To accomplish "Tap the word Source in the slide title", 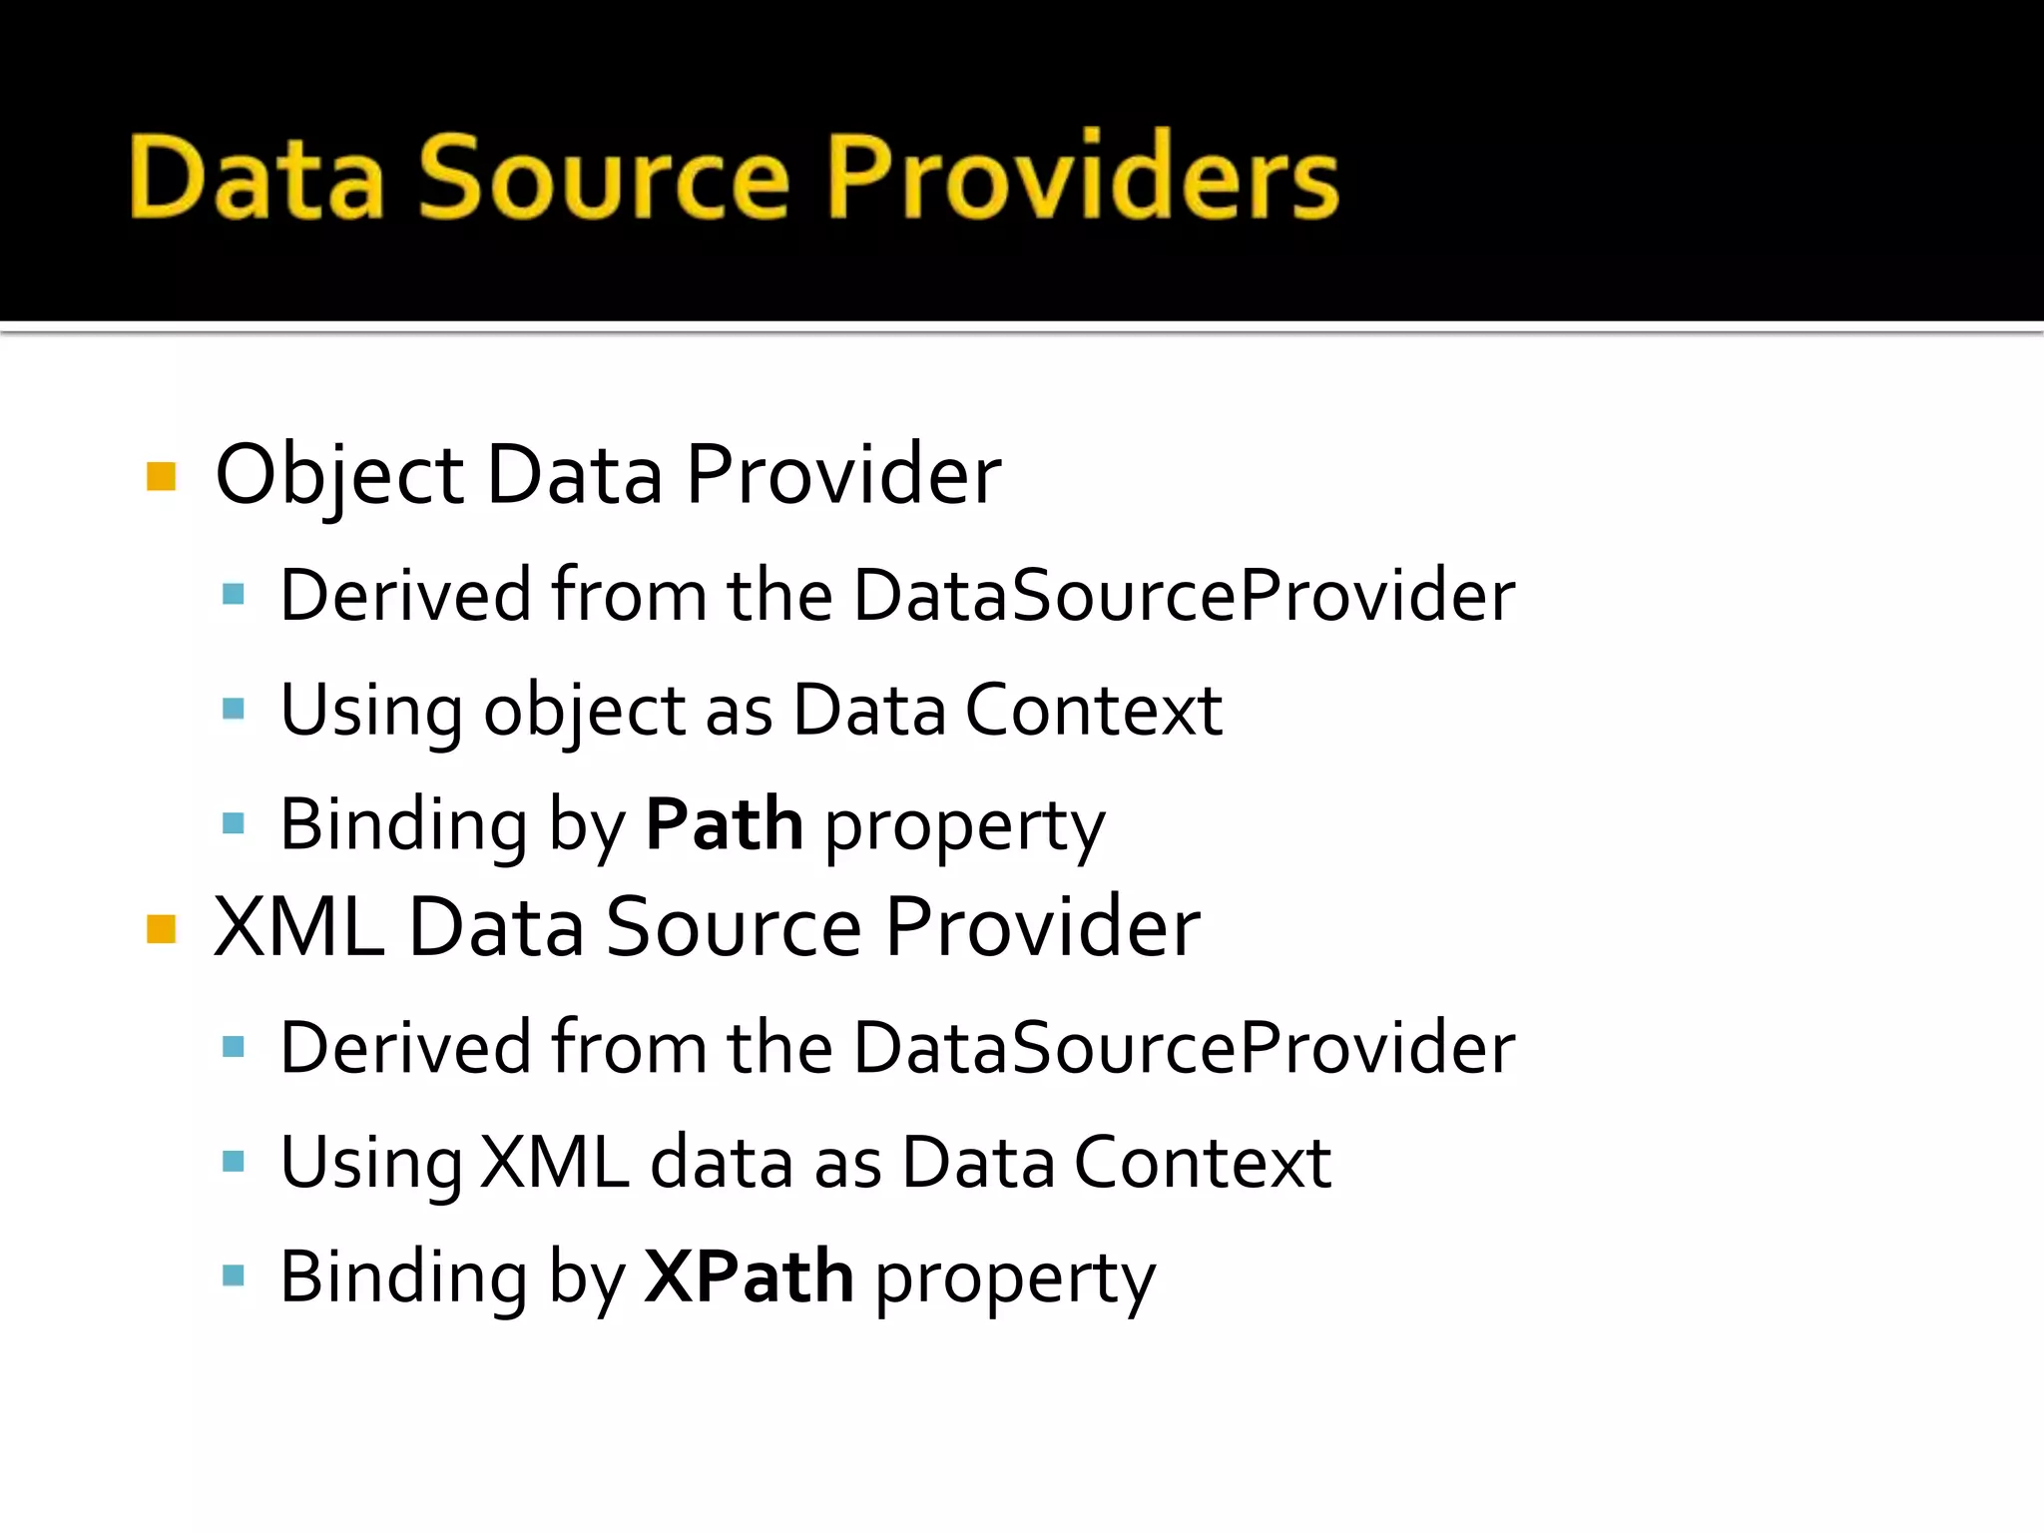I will click(604, 178).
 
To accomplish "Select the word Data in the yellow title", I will click(257, 178).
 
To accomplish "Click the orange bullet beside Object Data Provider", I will click(161, 476).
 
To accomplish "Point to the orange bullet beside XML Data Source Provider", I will click(161, 928).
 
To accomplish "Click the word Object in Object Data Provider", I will click(339, 476).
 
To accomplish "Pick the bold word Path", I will click(724, 825).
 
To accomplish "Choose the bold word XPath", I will click(749, 1277).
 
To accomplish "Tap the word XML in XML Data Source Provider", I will click(298, 928).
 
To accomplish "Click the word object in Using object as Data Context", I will click(584, 712).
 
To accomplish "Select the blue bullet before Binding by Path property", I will click(234, 823).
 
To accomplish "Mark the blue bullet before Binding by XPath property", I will click(234, 1276).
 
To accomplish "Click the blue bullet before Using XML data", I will click(234, 1161).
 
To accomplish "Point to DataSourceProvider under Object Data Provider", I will click(1184, 596).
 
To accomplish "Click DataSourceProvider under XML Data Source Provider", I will click(1184, 1048).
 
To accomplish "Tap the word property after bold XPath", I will click(1015, 1279).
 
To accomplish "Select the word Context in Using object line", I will click(1093, 712).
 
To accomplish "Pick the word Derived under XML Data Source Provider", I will click(404, 1048).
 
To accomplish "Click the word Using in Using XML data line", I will click(370, 1164).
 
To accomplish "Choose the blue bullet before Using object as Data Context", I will click(234, 710).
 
